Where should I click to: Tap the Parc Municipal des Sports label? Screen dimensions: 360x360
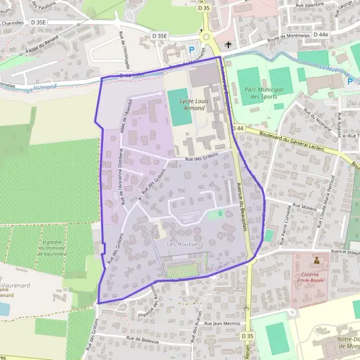click(262, 92)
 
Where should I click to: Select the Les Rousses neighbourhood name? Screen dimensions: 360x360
click(184, 244)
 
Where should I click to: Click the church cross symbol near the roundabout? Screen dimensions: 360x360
click(227, 45)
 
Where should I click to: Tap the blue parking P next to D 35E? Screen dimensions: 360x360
click(192, 50)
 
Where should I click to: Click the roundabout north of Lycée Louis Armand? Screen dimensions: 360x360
click(208, 37)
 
